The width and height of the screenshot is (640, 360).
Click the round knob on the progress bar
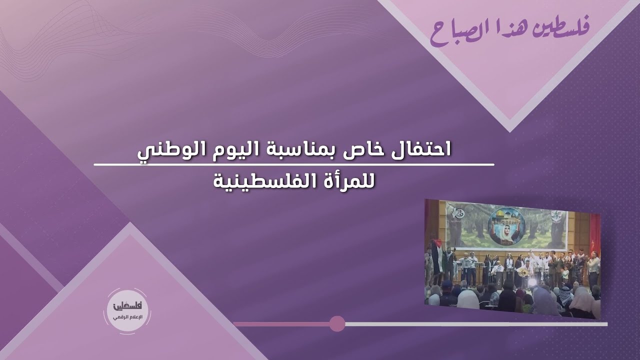(337, 323)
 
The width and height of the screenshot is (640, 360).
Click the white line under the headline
(294, 164)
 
